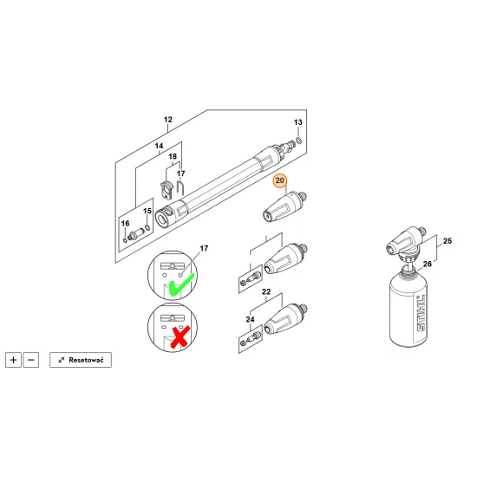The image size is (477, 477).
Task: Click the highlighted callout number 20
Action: point(279,180)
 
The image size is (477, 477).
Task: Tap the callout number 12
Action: point(168,120)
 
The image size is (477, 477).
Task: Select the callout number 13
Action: point(298,122)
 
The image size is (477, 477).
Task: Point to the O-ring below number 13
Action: point(298,140)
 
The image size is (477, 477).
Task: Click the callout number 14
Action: point(159,146)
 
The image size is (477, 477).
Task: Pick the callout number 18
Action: point(173,156)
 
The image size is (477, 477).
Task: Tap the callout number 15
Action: point(147,211)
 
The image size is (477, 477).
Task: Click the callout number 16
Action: point(126,224)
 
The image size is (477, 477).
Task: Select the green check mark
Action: point(181,284)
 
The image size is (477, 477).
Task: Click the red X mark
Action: point(180,337)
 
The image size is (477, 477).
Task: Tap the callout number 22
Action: point(266,291)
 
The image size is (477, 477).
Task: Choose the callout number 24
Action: point(250,319)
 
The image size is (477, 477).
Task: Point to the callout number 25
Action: point(448,241)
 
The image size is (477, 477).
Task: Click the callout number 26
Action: point(428,264)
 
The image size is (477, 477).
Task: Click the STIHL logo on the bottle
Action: point(421,313)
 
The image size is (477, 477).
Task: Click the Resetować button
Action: point(81,360)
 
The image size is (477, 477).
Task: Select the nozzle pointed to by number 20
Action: point(284,206)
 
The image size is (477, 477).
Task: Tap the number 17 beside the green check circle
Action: point(204,249)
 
